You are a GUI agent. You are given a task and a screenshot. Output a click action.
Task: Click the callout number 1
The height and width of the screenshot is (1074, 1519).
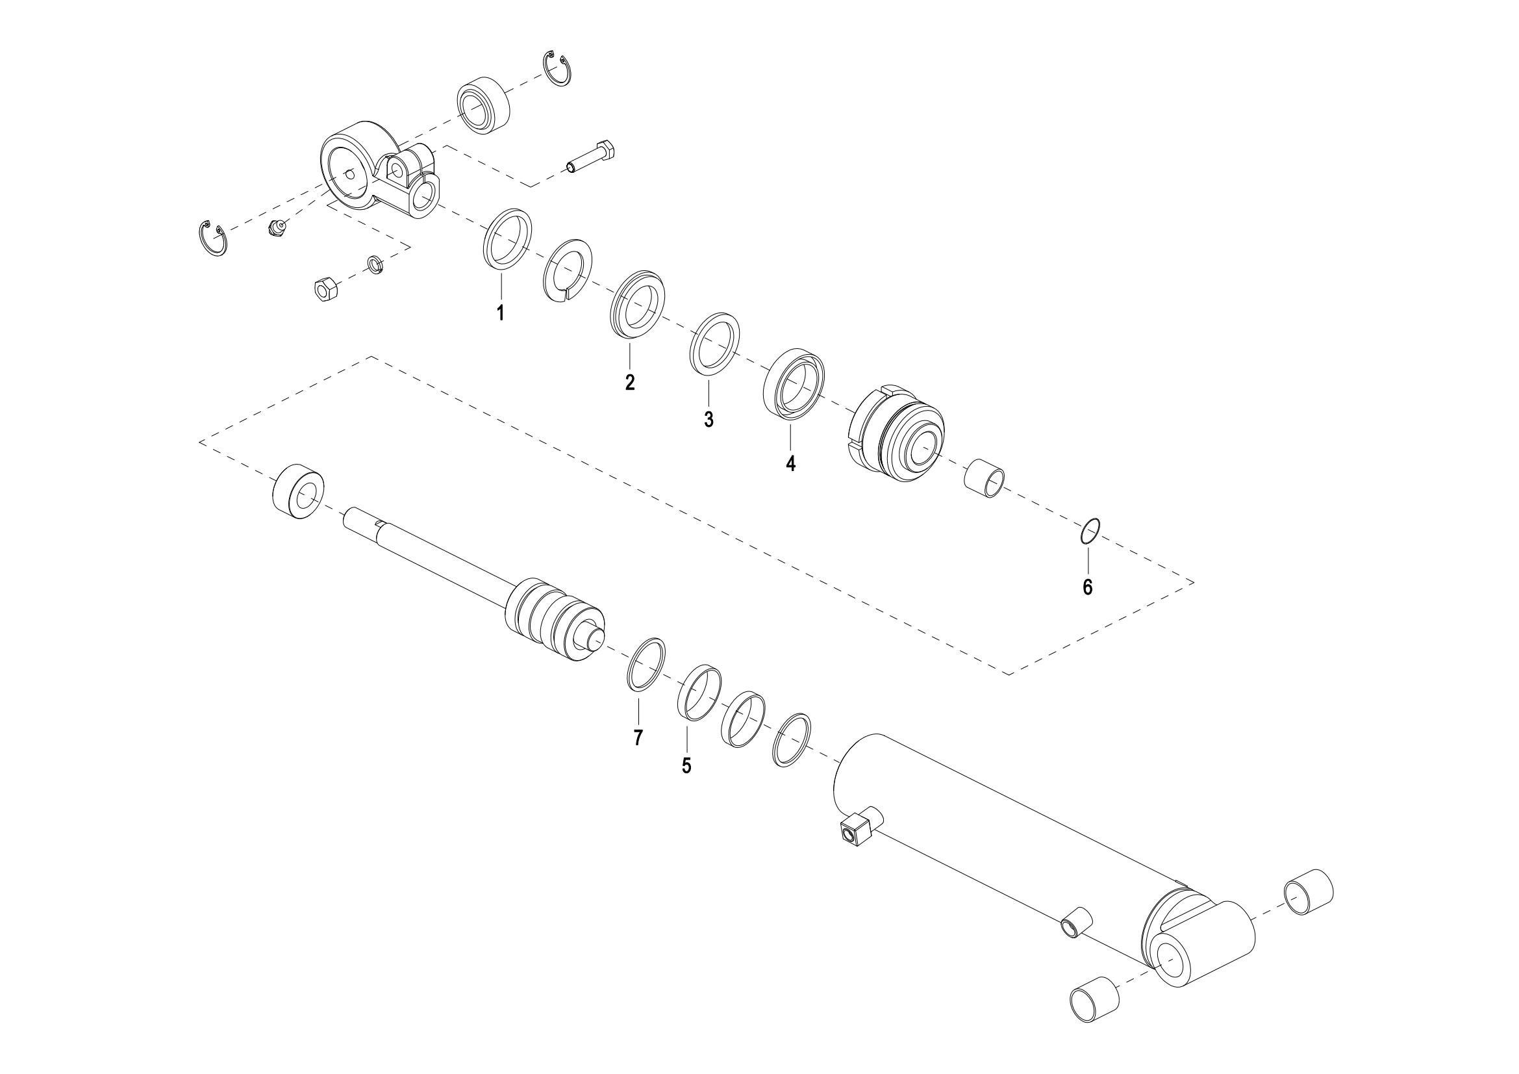[x=501, y=313]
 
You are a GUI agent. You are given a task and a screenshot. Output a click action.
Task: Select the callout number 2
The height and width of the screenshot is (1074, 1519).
[x=630, y=382]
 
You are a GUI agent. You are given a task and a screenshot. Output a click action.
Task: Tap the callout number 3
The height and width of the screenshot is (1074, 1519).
[x=709, y=419]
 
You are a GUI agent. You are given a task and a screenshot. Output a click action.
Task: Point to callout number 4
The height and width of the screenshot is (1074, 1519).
[x=790, y=463]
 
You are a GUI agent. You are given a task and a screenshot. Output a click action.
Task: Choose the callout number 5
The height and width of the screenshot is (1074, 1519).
[x=686, y=765]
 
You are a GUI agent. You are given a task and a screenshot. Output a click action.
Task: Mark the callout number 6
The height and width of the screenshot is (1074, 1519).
[x=1088, y=587]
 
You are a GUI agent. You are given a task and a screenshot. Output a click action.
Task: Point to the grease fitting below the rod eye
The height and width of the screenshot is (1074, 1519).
[x=279, y=228]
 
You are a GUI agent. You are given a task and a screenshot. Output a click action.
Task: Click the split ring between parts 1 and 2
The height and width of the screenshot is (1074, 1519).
[x=568, y=270]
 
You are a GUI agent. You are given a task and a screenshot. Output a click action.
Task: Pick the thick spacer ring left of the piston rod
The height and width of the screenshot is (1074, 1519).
[x=298, y=492]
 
